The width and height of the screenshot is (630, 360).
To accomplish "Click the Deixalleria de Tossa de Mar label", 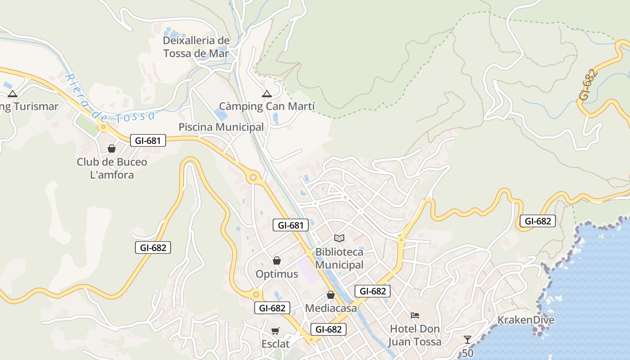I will (x=196, y=47).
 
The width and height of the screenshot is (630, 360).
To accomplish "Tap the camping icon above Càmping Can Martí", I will (x=267, y=94).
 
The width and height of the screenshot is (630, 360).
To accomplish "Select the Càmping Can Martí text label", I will (x=267, y=107).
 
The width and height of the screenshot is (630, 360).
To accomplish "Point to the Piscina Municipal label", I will (x=221, y=127).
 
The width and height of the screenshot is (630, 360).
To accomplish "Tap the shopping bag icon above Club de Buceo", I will (x=112, y=148).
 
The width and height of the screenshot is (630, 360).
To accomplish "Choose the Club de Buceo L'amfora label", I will (x=112, y=168).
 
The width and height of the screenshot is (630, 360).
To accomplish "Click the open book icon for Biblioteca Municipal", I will (x=339, y=238).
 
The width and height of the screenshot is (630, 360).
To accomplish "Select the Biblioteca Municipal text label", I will (x=339, y=258).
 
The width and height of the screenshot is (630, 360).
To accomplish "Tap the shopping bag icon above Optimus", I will (x=277, y=261).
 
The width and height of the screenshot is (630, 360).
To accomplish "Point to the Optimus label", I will (x=277, y=274).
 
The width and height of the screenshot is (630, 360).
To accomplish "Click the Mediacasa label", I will (x=331, y=308).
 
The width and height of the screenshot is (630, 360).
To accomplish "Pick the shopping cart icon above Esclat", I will (x=275, y=331).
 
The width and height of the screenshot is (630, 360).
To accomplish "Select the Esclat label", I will (x=275, y=344).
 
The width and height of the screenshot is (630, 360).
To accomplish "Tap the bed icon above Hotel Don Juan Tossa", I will (x=415, y=315).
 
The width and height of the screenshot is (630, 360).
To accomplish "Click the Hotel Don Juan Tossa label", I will (x=415, y=335).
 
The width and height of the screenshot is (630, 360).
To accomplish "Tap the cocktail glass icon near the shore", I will (x=468, y=339).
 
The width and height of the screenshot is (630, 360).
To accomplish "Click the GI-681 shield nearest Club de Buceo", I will (x=148, y=140).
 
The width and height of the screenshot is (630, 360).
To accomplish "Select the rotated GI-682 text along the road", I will (x=588, y=85).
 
